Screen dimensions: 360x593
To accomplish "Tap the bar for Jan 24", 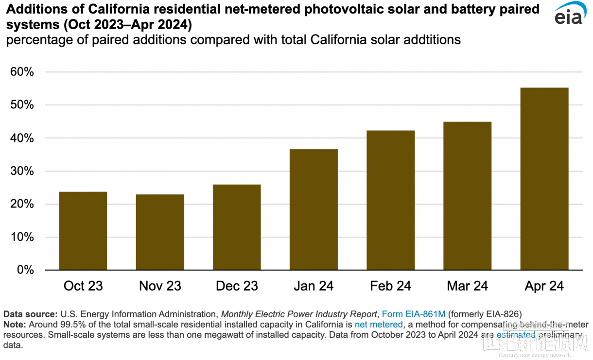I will pos(314,209).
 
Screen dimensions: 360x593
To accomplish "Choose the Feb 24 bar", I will pos(390,200).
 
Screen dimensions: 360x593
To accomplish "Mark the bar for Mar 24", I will pos(467,196).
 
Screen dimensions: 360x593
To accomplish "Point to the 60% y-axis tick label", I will pos(21,72).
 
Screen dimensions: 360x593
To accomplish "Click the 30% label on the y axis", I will pos(21,171).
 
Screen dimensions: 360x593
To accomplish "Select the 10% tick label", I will pos(21,238).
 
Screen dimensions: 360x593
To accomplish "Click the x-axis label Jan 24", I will pos(314,286).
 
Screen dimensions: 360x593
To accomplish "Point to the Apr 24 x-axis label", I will pos(544,286).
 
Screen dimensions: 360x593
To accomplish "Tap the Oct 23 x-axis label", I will pos(83,286).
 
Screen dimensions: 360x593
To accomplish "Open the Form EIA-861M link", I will pos(414,314).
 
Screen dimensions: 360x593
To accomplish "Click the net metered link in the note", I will pos(379,325).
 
